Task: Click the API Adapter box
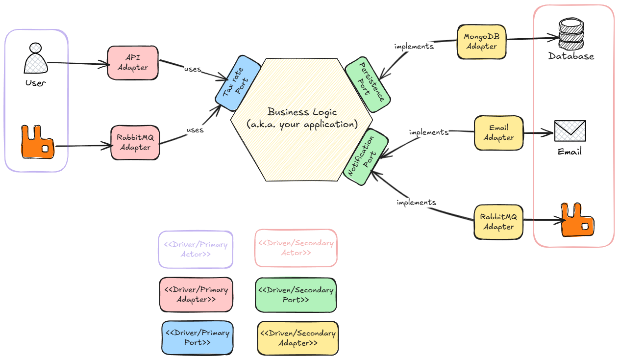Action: click(x=133, y=63)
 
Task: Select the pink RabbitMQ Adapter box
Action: click(x=135, y=142)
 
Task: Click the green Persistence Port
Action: click(x=368, y=82)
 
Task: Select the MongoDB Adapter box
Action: click(x=481, y=42)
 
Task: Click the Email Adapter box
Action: click(x=498, y=133)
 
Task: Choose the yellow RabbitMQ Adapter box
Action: click(x=498, y=222)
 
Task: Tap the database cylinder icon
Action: click(x=571, y=34)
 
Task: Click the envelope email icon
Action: click(x=570, y=131)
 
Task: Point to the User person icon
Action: click(x=35, y=59)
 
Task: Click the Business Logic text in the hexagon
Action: click(x=302, y=112)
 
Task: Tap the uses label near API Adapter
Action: click(x=193, y=69)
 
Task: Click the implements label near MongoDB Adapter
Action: click(x=414, y=47)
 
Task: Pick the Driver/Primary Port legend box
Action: click(x=198, y=337)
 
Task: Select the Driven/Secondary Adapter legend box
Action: click(x=298, y=338)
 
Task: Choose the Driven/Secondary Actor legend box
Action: click(x=296, y=248)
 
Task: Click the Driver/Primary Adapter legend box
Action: click(x=196, y=294)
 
